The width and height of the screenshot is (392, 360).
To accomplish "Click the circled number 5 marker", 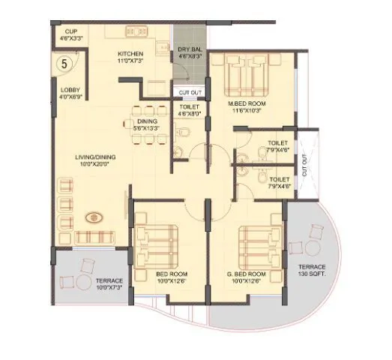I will point(64,64).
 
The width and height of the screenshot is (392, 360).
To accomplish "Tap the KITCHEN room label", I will point(130,57).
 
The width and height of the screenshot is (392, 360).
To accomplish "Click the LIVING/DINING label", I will point(94,160).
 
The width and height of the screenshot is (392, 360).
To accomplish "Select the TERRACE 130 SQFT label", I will point(312,271).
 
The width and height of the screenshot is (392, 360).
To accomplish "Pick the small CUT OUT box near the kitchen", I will point(189,92).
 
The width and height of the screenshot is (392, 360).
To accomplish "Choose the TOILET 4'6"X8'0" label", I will point(189,111).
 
